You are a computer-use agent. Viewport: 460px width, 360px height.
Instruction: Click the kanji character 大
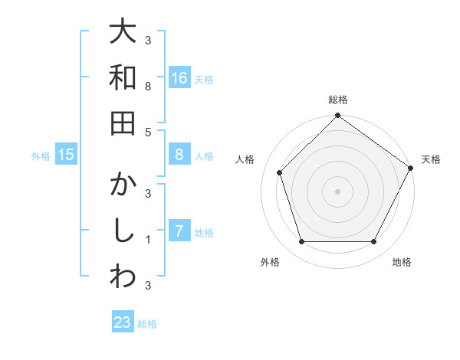tap(123, 32)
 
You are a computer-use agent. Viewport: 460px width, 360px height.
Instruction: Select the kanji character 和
tap(123, 77)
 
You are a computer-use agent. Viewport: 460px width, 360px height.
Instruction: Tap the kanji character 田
tap(123, 123)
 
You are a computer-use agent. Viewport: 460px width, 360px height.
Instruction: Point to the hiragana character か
tap(123, 185)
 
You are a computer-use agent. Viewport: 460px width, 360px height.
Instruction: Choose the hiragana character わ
tap(123, 277)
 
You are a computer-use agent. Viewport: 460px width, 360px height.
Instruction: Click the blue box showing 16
tap(179, 77)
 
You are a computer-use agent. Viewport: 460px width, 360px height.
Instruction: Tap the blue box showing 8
tap(179, 155)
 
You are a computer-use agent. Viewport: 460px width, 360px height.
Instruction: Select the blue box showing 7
tap(179, 231)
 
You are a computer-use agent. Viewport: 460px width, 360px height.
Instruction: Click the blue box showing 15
tap(66, 155)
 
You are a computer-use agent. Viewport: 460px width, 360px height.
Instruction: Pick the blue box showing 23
tap(123, 322)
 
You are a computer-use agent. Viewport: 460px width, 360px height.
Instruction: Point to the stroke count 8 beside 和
tap(148, 87)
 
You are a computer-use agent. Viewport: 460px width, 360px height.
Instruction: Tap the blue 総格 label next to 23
tap(147, 324)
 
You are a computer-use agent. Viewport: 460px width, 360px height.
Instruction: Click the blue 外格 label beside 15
tap(41, 156)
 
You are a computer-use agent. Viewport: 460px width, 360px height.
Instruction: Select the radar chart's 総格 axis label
tap(337, 100)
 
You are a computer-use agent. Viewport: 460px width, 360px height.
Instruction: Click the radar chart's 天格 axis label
tap(431, 159)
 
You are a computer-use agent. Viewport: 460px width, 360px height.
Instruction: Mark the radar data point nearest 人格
tap(280, 172)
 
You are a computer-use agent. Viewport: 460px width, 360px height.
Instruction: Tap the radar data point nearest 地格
tap(374, 241)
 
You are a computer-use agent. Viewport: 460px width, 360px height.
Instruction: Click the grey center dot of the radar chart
tap(337, 191)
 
